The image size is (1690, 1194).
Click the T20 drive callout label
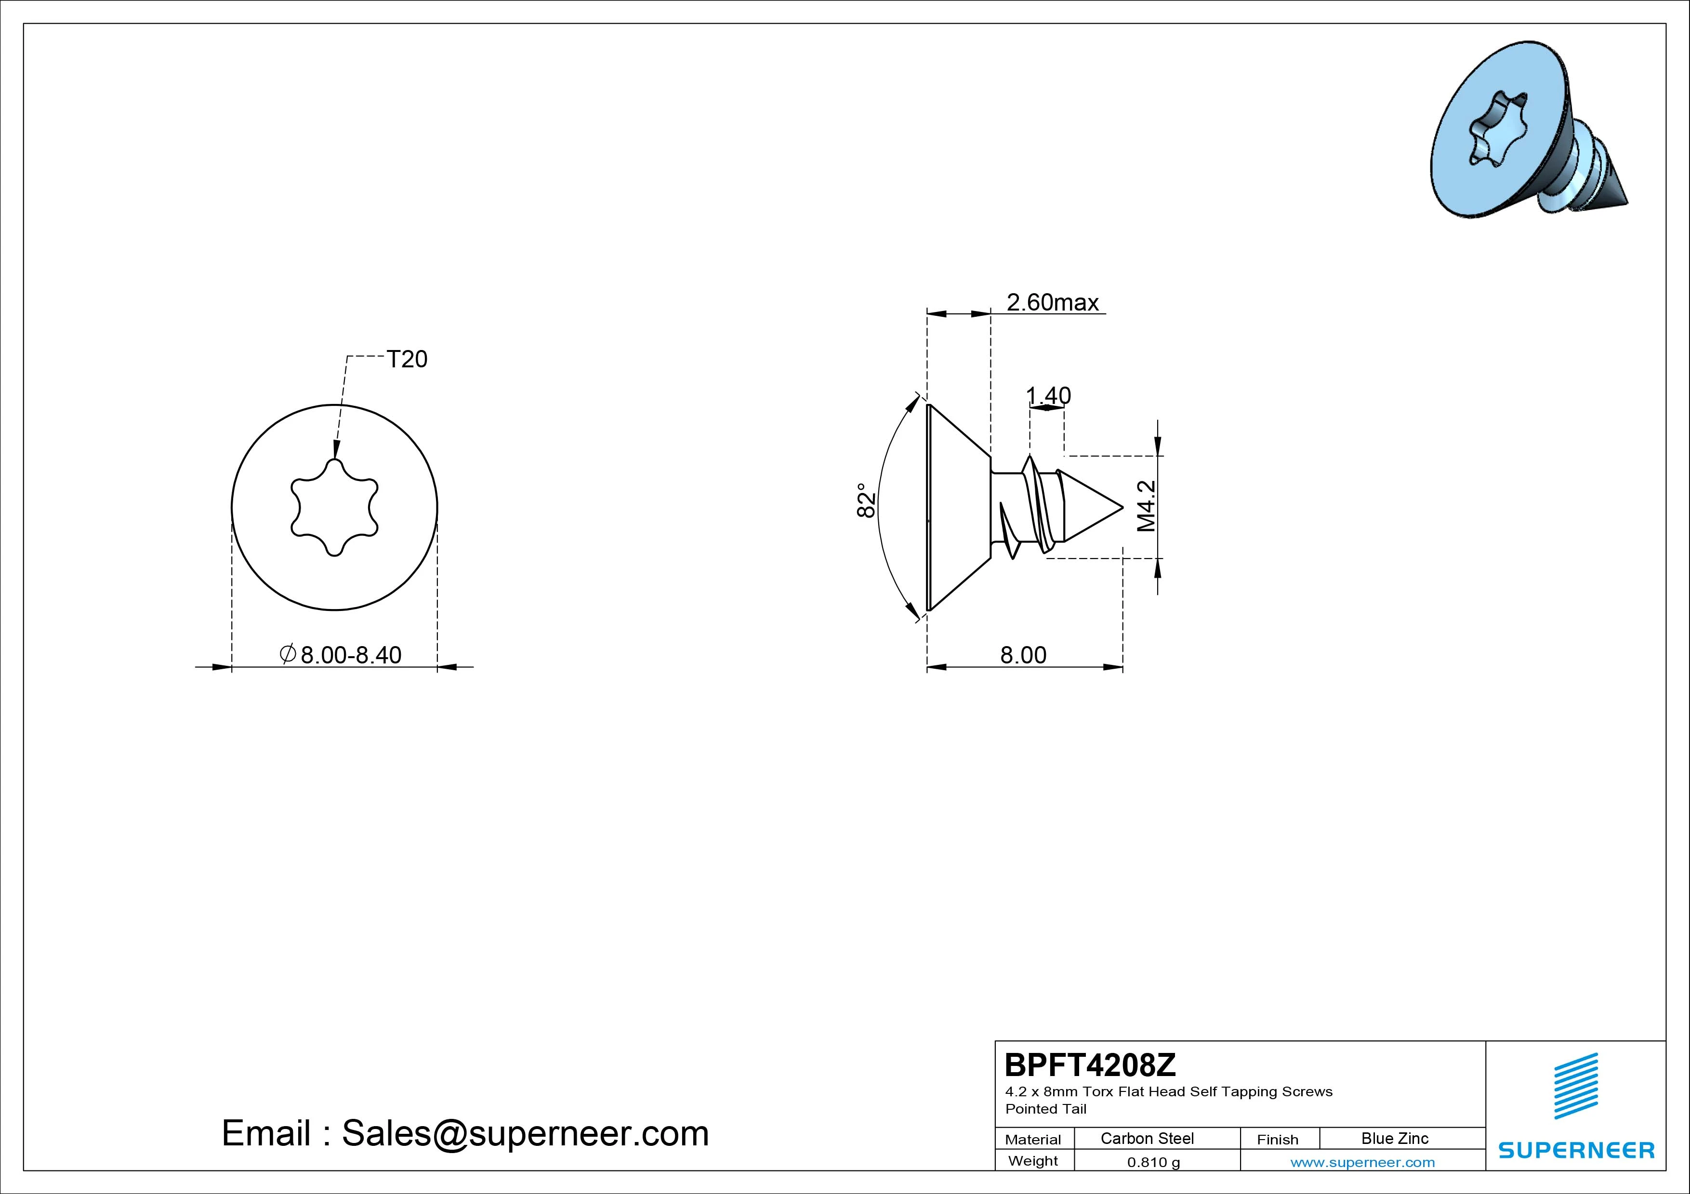(x=407, y=359)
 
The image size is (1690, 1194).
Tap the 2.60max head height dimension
(x=1053, y=302)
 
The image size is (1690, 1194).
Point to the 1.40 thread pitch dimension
(x=1049, y=396)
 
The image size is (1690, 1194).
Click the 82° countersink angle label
(x=866, y=500)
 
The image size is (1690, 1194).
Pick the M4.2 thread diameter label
(x=1146, y=506)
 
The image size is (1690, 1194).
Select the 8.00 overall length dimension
(x=1023, y=655)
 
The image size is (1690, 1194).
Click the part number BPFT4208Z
(x=1090, y=1064)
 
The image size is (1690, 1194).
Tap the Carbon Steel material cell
(x=1147, y=1138)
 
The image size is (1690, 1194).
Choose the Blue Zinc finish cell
(x=1395, y=1138)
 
